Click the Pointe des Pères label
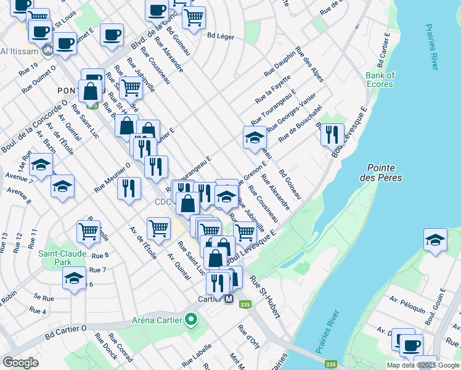point(384,173)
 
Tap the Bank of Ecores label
point(380,80)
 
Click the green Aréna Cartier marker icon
point(191,319)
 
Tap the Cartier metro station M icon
point(229,299)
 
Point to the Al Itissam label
point(20,51)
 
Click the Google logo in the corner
point(20,363)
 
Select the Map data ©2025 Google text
point(423,365)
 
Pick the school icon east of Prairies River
point(435,240)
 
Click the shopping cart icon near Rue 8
point(88,231)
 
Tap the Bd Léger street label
point(221,36)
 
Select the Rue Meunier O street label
point(112,177)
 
